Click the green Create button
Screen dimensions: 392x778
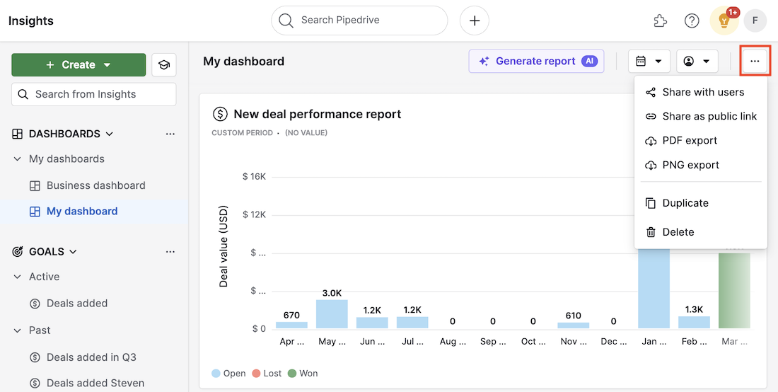78,65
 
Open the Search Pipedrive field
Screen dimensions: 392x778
359,21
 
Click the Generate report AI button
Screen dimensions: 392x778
536,62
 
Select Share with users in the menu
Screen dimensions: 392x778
702,92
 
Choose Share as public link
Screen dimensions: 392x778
709,116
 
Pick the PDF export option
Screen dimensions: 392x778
689,140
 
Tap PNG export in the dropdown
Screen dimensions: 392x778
690,165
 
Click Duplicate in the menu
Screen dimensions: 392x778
685,203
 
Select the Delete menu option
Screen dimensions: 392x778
678,232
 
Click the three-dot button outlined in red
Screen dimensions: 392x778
755,62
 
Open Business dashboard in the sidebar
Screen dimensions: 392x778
95,185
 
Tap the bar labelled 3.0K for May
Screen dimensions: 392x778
332,313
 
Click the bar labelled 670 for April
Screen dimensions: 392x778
291,325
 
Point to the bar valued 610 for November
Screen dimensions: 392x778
573,325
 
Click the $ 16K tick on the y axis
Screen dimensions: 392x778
253,176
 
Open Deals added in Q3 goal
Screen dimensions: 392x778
91,357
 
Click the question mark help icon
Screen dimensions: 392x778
692,21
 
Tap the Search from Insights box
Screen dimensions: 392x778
93,94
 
